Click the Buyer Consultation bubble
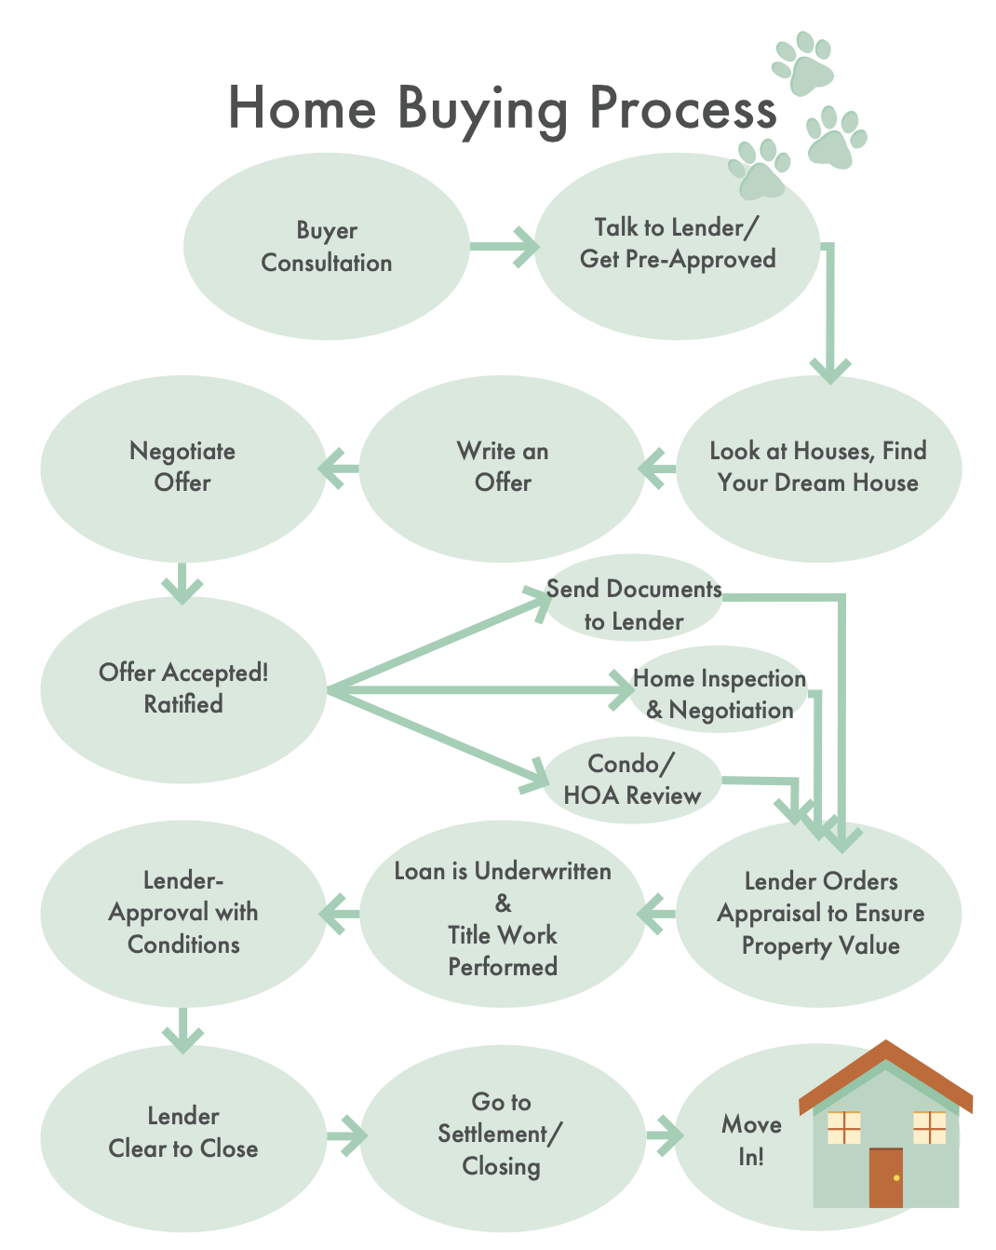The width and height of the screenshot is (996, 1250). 326,247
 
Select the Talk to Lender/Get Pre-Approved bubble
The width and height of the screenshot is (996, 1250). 677,244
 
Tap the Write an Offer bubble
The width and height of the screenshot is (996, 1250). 503,468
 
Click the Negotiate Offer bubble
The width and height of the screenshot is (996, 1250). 182,468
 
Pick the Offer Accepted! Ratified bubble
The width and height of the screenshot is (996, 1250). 183,689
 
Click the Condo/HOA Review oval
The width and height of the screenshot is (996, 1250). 632,781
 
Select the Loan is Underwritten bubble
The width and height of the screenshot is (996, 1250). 503,917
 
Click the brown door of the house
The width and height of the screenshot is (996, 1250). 885,1177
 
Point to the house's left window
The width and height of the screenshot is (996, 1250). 843,1127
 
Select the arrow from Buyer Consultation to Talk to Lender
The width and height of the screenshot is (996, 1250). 503,247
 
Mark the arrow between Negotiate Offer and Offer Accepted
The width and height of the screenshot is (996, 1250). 182,583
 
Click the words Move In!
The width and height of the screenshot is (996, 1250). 750,1140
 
